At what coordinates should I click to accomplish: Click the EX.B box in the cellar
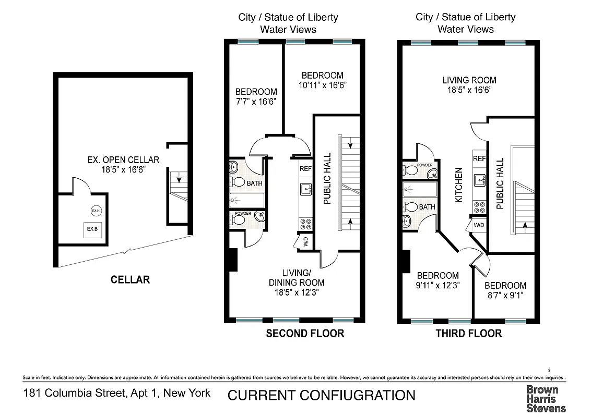(x=92, y=229)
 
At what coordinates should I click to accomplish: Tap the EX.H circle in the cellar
(x=96, y=211)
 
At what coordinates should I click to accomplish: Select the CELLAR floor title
(x=130, y=280)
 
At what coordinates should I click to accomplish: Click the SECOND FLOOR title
(x=305, y=334)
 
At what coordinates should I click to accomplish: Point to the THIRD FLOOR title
(x=468, y=334)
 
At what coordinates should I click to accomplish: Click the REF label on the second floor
(x=305, y=169)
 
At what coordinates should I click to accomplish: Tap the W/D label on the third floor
(x=478, y=225)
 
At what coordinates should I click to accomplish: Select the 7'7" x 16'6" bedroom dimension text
(x=256, y=102)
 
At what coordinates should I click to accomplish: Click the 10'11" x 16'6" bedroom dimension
(x=322, y=85)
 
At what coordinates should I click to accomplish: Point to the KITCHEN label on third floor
(x=459, y=185)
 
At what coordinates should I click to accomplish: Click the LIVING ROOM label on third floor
(x=469, y=80)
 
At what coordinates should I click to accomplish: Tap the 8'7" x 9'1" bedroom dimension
(x=505, y=295)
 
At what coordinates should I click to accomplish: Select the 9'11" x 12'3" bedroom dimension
(x=438, y=285)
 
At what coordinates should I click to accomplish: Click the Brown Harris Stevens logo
(x=546, y=398)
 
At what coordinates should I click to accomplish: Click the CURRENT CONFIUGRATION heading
(x=321, y=395)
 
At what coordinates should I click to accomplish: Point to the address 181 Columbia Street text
(x=117, y=393)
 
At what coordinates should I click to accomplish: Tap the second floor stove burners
(x=305, y=224)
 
